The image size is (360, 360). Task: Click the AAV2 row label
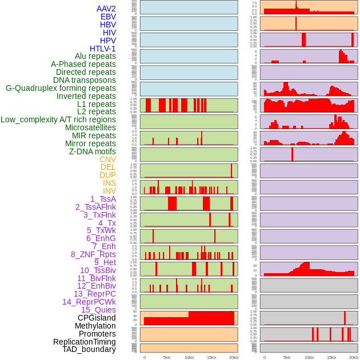pyautogui.click(x=106, y=9)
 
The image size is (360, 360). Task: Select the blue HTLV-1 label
pyautogui.click(x=102, y=49)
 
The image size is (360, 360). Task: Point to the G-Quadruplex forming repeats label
pyautogui.click(x=61, y=88)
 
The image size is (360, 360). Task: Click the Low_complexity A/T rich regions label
pyautogui.click(x=58, y=119)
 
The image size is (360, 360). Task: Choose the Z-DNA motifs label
pyautogui.click(x=93, y=151)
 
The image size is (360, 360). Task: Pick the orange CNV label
pyautogui.click(x=107, y=159)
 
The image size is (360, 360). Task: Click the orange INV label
pyautogui.click(x=109, y=191)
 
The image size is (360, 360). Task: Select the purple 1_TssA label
pyautogui.click(x=103, y=199)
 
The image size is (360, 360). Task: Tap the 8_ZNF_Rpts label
pyautogui.click(x=93, y=254)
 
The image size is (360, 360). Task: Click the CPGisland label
pyautogui.click(x=97, y=318)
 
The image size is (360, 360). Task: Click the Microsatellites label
pyautogui.click(x=90, y=127)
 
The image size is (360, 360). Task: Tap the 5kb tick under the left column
pyautogui.click(x=167, y=357)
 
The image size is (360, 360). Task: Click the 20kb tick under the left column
pyautogui.click(x=234, y=357)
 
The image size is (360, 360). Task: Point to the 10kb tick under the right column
pyautogui.click(x=309, y=357)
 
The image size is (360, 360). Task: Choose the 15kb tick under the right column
pyautogui.click(x=331, y=357)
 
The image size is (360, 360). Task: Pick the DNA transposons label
pyautogui.click(x=85, y=80)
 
